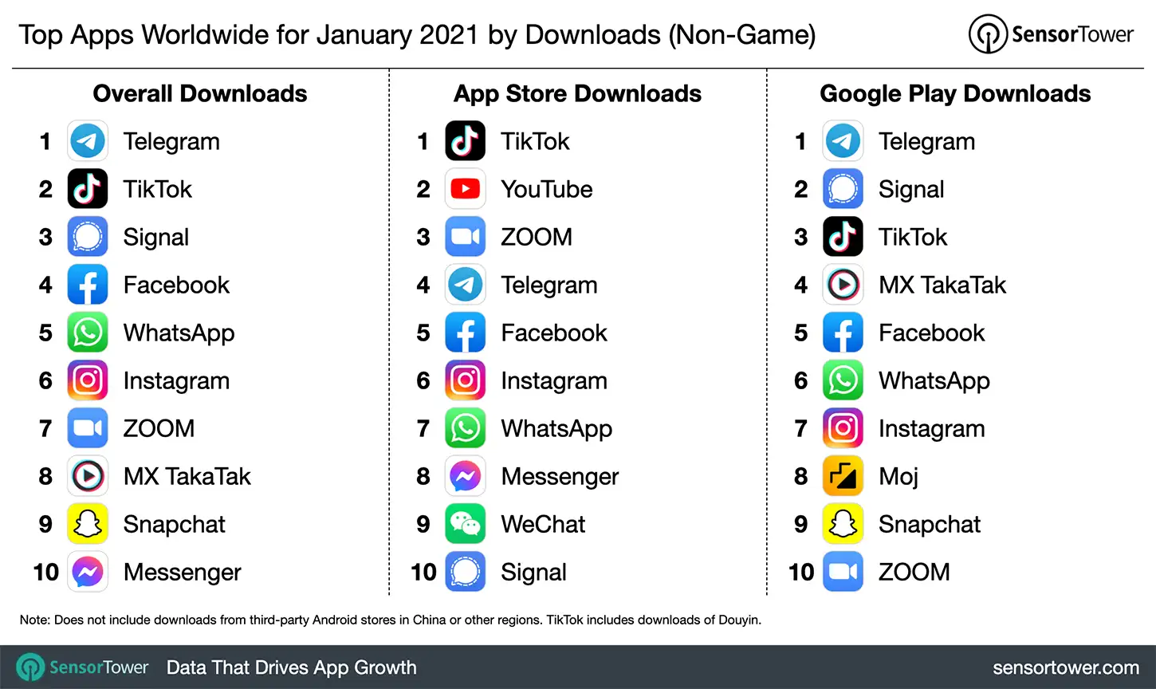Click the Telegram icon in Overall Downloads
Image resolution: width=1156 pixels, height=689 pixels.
pos(88,141)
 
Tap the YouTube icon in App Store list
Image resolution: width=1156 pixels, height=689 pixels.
pos(466,189)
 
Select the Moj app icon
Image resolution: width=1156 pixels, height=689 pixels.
pos(843,476)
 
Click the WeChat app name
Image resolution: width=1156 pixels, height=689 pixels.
pos(543,524)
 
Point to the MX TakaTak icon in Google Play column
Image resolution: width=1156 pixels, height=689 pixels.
pos(843,285)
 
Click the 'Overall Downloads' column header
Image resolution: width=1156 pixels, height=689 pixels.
pos(200,93)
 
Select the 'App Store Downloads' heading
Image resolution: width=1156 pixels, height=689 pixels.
pos(577,93)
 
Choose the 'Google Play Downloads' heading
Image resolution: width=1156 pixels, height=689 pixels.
pos(955,93)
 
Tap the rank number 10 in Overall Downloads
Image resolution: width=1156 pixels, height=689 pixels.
pos(46,572)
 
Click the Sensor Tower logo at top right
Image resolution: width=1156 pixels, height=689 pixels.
pos(1051,34)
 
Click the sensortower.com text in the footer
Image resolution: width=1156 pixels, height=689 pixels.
pos(1065,667)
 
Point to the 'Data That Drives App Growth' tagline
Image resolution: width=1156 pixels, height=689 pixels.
pos(291,667)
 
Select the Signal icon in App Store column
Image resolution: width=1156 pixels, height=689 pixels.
pos(466,572)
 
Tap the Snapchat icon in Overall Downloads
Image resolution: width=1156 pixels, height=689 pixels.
pos(88,524)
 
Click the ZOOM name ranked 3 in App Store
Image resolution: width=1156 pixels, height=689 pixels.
pos(537,237)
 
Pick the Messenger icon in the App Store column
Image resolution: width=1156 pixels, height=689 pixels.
pos(466,476)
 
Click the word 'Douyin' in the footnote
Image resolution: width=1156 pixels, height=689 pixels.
pos(739,620)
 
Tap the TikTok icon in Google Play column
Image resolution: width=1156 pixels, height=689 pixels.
pos(843,237)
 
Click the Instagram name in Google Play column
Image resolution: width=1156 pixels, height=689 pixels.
pos(931,428)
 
